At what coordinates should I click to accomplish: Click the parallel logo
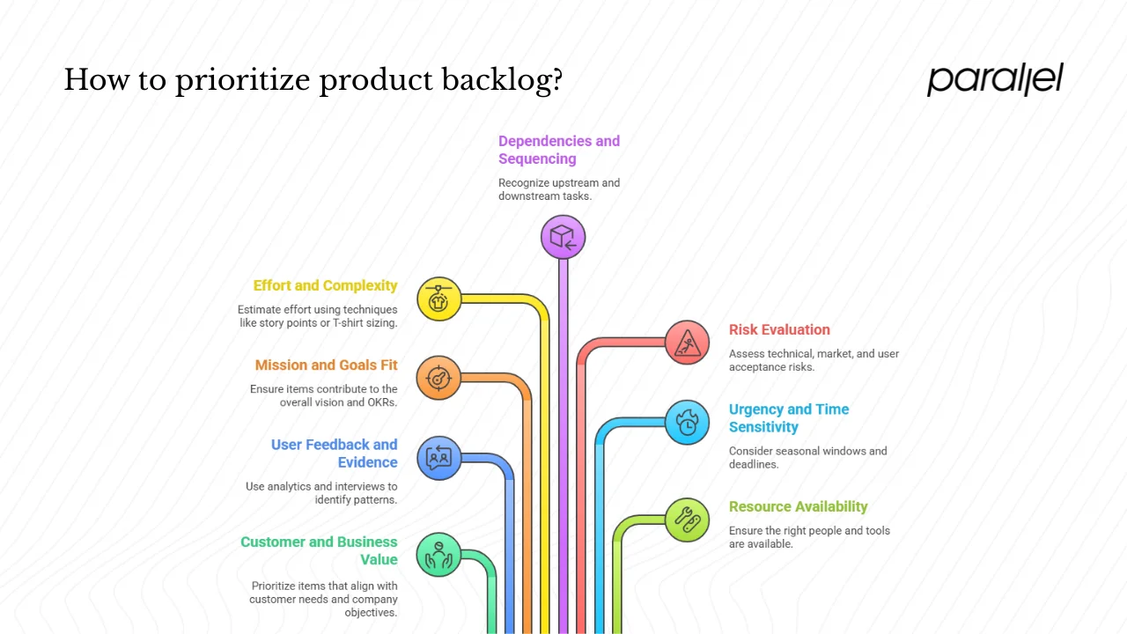(x=995, y=79)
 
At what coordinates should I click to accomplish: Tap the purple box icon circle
(x=563, y=237)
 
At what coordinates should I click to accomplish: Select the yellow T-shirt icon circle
(x=438, y=299)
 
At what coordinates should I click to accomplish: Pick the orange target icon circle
(x=438, y=378)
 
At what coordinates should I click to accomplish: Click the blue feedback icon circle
(x=438, y=457)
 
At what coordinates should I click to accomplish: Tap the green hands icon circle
(x=438, y=554)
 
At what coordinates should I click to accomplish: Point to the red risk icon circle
(x=687, y=343)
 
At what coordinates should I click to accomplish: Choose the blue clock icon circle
(x=687, y=422)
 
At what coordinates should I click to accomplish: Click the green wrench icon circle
(x=687, y=519)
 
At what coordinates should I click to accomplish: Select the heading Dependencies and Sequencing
(x=559, y=150)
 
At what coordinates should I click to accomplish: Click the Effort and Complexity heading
(x=325, y=285)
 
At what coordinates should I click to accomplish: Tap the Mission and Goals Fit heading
(x=326, y=365)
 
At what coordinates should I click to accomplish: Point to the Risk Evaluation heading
(x=779, y=329)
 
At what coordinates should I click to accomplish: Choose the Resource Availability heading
(x=798, y=506)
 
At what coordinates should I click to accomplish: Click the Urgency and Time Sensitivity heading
(x=788, y=418)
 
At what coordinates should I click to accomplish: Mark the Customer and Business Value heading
(x=319, y=550)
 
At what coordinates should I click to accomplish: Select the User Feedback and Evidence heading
(x=335, y=453)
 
